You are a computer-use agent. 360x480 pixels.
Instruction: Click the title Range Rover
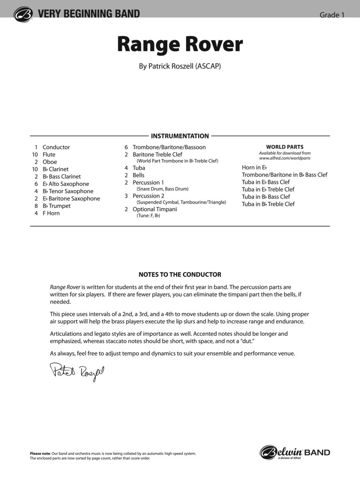pyautogui.click(x=180, y=45)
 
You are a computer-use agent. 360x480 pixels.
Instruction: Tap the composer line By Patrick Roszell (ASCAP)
pyautogui.click(x=180, y=66)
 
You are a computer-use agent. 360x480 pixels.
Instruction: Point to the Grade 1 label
pyautogui.click(x=332, y=15)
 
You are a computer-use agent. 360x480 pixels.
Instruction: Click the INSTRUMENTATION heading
pyautogui.click(x=180, y=136)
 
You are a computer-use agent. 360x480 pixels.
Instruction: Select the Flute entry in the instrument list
pyautogui.click(x=49, y=154)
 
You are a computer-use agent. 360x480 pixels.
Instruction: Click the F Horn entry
pyautogui.click(x=51, y=213)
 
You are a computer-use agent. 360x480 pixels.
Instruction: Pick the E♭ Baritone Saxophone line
pyautogui.click(x=71, y=198)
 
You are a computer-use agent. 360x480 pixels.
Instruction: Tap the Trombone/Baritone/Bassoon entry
pyautogui.click(x=169, y=147)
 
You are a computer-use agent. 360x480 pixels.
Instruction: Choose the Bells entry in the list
pyautogui.click(x=138, y=175)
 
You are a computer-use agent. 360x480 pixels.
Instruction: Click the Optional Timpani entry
pyautogui.click(x=154, y=209)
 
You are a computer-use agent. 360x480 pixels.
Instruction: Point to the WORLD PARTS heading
pyautogui.click(x=285, y=147)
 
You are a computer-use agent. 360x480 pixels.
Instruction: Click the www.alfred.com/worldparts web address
pyautogui.click(x=285, y=158)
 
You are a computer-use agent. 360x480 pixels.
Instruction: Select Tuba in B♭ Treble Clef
pyautogui.click(x=268, y=204)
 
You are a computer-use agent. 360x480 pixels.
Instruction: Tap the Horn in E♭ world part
pyautogui.click(x=254, y=168)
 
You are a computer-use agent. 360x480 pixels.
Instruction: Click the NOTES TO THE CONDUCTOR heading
pyautogui.click(x=180, y=275)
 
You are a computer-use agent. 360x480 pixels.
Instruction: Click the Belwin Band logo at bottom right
pyautogui.click(x=295, y=452)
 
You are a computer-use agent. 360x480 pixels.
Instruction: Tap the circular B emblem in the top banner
pyautogui.click(x=22, y=14)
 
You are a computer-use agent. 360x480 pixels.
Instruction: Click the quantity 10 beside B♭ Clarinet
pyautogui.click(x=35, y=169)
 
